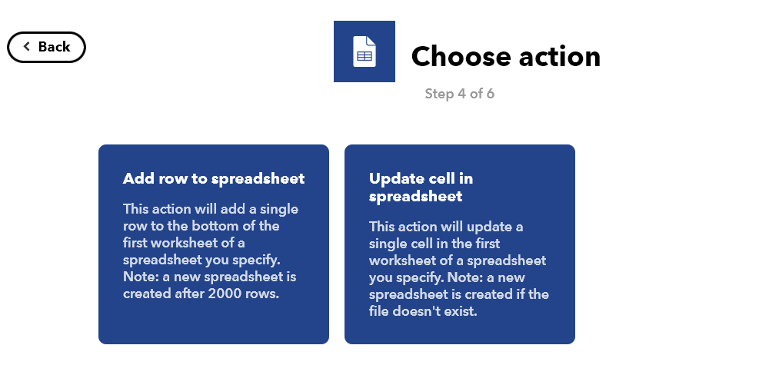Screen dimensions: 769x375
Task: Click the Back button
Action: pos(47,47)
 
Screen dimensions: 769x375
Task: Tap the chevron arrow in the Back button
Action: pos(26,47)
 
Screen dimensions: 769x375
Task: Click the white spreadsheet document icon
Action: pos(365,51)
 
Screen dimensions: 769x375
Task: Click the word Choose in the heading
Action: pos(461,56)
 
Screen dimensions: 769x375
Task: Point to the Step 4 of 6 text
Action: pos(460,94)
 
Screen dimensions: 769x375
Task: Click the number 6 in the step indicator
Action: pos(490,94)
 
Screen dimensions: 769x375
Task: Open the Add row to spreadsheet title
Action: pos(214,178)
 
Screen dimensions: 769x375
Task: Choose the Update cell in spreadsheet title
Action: pos(421,187)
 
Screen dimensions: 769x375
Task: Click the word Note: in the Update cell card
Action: pos(466,277)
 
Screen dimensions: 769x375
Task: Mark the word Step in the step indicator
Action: pos(439,94)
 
